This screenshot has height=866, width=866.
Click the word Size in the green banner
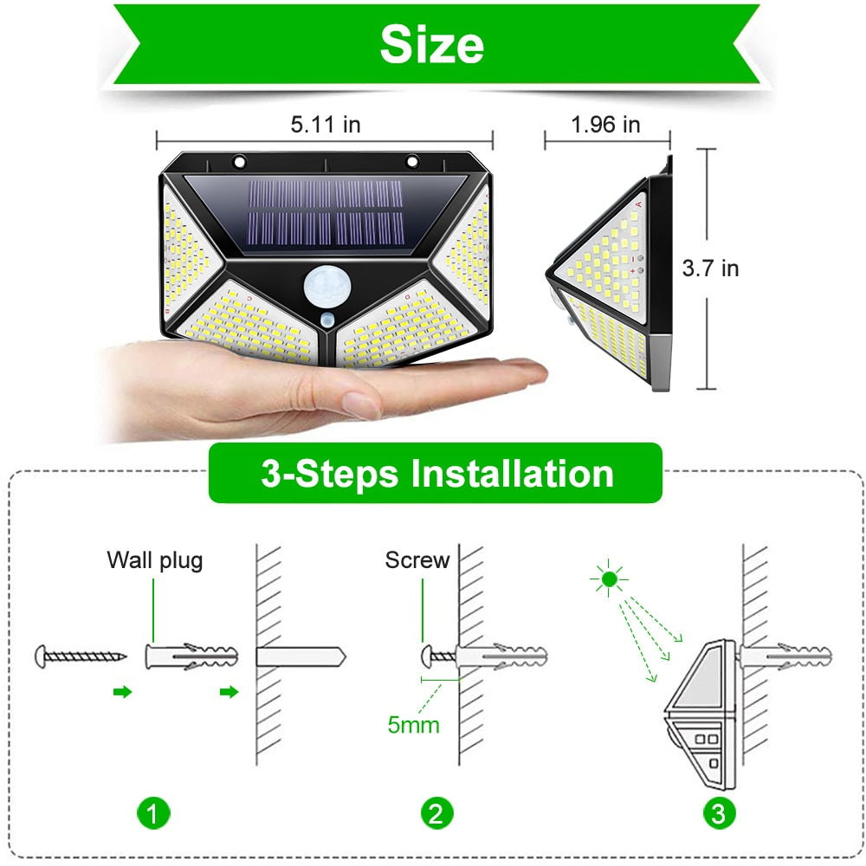(x=432, y=44)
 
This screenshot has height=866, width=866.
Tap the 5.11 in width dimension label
(x=326, y=125)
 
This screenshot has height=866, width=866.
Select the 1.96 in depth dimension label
(x=605, y=125)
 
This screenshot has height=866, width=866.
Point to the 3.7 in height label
(x=710, y=268)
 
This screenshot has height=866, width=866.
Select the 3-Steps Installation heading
(x=436, y=474)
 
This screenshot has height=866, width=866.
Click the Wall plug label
(x=155, y=560)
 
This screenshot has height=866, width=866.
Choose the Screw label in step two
(x=417, y=560)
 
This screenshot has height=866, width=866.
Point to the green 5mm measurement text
(x=413, y=724)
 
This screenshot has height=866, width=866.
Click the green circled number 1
(x=153, y=813)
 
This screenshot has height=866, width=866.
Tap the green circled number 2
(x=436, y=813)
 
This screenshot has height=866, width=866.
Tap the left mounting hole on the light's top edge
(x=238, y=160)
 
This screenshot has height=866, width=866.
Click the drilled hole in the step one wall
(x=299, y=656)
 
